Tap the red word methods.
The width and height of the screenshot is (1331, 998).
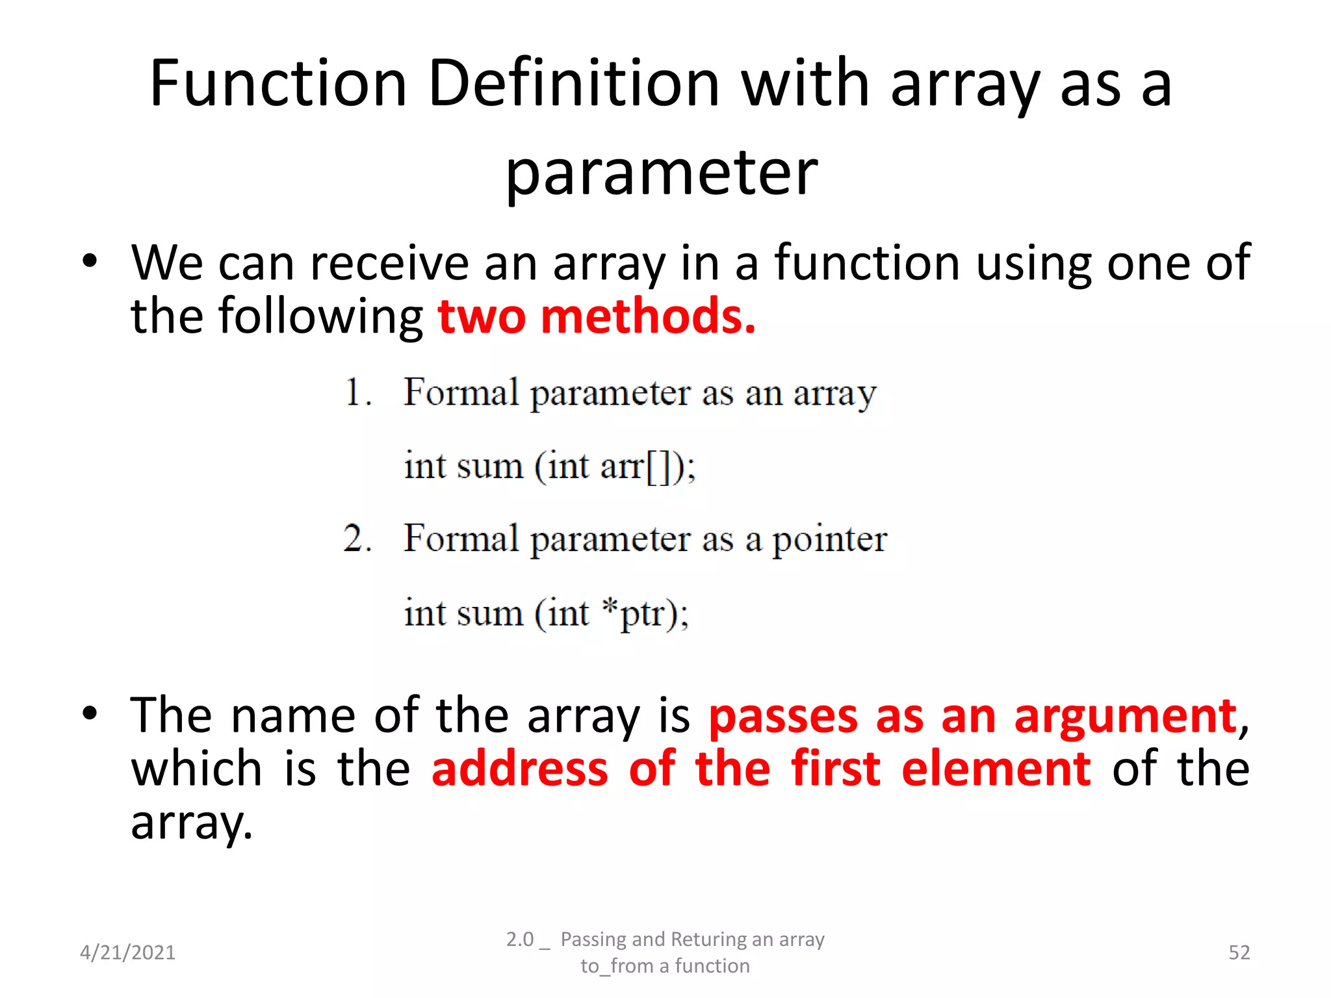[648, 316]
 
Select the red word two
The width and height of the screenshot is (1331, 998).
[482, 316]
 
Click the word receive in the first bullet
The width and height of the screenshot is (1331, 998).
[389, 263]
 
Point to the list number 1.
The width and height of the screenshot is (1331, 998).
[356, 392]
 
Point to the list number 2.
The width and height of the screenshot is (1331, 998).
[356, 539]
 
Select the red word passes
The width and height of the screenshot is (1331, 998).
[783, 716]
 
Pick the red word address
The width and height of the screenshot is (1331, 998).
[520, 769]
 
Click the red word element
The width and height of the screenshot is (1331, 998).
[996, 769]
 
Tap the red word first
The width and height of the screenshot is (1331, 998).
[836, 769]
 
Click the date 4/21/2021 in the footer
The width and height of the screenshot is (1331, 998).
[127, 953]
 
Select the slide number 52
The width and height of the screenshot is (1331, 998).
[1239, 953]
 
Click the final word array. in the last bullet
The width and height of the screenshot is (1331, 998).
[191, 823]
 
